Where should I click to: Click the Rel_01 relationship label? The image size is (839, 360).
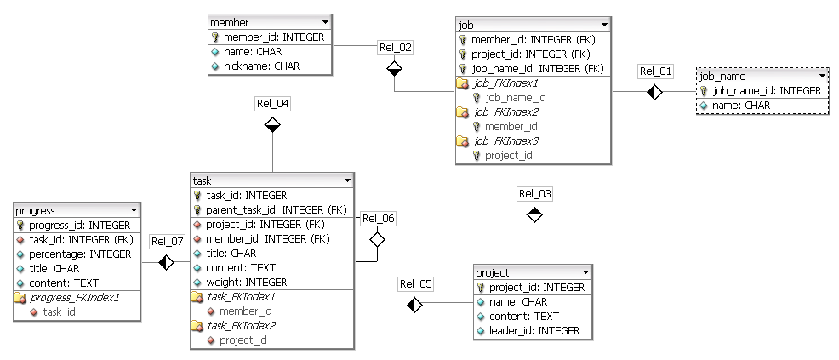[655, 71]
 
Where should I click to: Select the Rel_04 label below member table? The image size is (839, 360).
[272, 103]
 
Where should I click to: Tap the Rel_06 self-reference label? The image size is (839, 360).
[378, 218]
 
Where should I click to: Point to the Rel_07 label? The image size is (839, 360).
[167, 241]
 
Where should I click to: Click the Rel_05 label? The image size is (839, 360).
[415, 283]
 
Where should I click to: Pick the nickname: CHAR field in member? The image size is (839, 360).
[261, 66]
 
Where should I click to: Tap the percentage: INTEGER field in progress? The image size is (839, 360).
[80, 254]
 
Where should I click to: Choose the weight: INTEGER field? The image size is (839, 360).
[246, 282]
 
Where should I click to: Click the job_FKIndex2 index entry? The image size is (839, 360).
[505, 111]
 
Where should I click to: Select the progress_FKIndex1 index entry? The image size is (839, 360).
[75, 298]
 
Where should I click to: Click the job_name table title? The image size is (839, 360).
[722, 76]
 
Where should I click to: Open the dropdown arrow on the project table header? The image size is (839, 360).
[582, 272]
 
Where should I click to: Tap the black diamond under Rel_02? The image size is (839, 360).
[394, 69]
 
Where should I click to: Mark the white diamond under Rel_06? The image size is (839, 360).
[377, 240]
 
